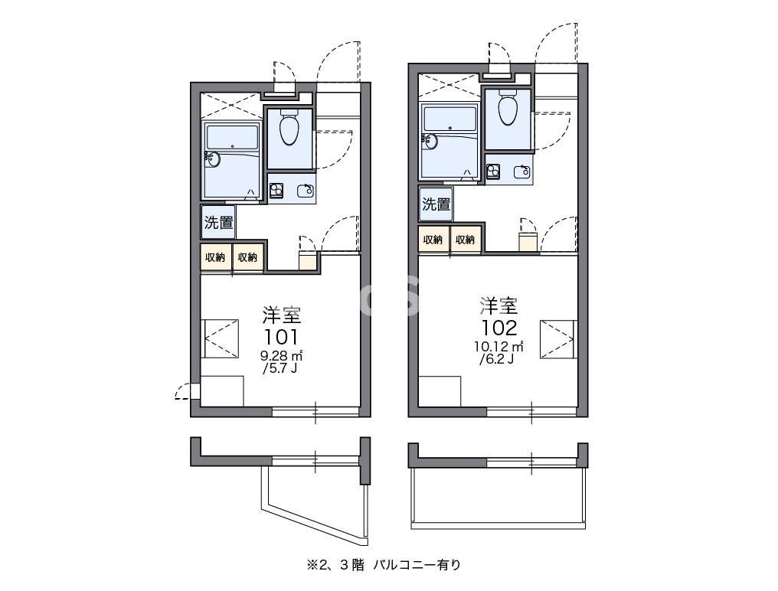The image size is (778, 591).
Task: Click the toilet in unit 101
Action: coord(289,129)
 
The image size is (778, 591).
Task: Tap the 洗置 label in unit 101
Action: coord(218,223)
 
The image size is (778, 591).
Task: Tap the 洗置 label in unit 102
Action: coord(436,204)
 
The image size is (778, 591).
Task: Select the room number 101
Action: coord(281,337)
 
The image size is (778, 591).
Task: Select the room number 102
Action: coord(499,328)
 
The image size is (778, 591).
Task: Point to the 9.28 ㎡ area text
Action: coord(281,355)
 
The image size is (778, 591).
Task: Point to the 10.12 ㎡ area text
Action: coord(499,346)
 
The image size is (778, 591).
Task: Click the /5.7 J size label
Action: coord(281,369)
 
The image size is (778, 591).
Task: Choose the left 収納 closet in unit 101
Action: coord(215,257)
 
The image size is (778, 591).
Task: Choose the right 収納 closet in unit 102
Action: coord(466,239)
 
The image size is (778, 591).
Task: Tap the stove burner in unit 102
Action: coord(493,171)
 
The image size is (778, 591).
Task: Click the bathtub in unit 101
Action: coord(232,161)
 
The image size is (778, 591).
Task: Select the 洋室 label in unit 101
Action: coord(281,315)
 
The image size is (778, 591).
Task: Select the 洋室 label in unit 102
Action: coord(499,306)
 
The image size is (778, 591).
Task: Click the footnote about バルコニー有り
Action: coord(384,566)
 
